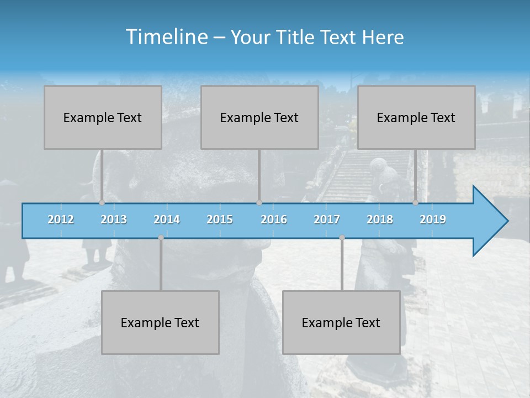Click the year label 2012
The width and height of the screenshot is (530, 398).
61,219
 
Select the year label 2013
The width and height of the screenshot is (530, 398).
114,219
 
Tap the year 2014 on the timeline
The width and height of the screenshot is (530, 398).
167,219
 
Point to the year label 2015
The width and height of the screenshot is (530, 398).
220,219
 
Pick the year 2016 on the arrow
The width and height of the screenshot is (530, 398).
274,219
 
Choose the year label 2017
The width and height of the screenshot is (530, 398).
327,219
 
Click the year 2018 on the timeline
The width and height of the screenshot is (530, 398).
380,219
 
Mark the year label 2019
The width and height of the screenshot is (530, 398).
433,219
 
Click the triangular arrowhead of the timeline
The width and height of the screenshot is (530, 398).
489,221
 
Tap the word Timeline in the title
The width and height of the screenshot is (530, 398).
166,36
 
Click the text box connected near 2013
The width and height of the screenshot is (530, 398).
103,117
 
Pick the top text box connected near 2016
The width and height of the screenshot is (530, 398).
259,117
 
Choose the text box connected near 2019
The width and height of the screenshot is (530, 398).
416,117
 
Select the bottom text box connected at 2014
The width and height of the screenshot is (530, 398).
160,322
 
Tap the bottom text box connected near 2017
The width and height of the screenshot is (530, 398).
341,322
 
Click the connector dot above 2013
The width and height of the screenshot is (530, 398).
102,202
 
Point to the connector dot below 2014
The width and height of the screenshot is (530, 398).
161,238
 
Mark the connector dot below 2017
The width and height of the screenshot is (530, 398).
342,238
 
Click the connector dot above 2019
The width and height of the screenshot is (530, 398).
415,202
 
